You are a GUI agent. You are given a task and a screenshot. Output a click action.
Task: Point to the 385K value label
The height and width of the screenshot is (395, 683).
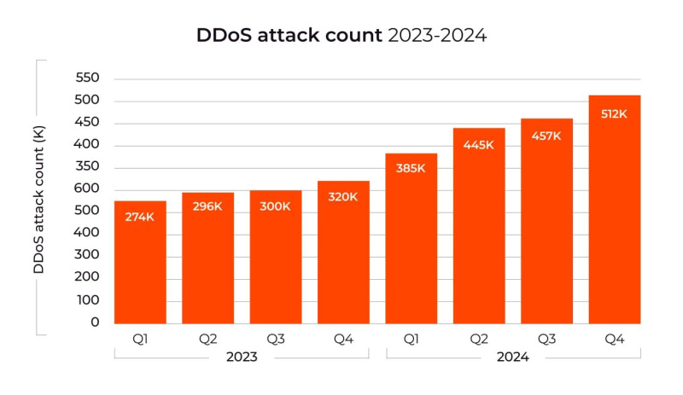tap(411, 168)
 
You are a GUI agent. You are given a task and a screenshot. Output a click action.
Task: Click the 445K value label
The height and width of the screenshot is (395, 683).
tap(479, 144)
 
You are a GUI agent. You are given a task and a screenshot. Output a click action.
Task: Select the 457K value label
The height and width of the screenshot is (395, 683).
tap(546, 135)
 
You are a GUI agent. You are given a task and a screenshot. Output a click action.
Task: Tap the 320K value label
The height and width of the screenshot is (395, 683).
tap(343, 196)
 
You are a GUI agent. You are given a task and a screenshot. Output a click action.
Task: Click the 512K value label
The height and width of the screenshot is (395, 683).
tap(614, 113)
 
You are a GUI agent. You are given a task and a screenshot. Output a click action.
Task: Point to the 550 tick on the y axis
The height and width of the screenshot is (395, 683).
tap(89, 78)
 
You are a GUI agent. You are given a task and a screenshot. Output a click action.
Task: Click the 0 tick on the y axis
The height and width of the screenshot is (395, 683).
tap(95, 322)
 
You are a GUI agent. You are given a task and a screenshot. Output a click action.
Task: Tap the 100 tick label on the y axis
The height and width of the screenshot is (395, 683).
tap(89, 300)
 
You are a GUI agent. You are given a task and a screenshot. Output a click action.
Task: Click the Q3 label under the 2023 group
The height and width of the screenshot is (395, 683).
tap(275, 339)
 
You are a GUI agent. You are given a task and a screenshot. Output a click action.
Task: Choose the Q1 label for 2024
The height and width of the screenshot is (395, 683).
tap(411, 339)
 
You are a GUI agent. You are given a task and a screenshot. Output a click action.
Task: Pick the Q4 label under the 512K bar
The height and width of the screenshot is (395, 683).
tap(614, 339)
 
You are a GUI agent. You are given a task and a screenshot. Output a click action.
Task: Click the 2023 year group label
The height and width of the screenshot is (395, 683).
tap(242, 357)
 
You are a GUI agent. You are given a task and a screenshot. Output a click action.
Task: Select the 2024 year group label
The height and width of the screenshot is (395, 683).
tap(512, 357)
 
